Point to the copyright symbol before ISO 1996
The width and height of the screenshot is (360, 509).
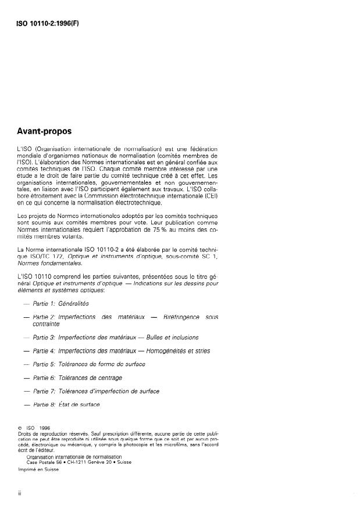[20, 429]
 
